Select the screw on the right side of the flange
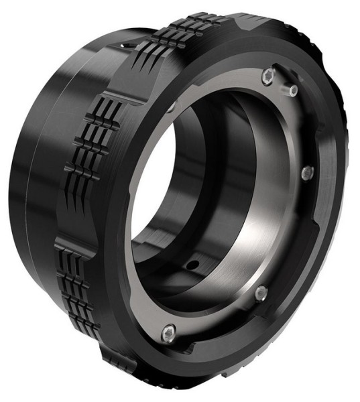pos(308,172)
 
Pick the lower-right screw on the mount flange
pos(261,293)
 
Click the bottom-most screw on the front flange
pos(170,330)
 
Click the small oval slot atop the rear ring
pos(122,45)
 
